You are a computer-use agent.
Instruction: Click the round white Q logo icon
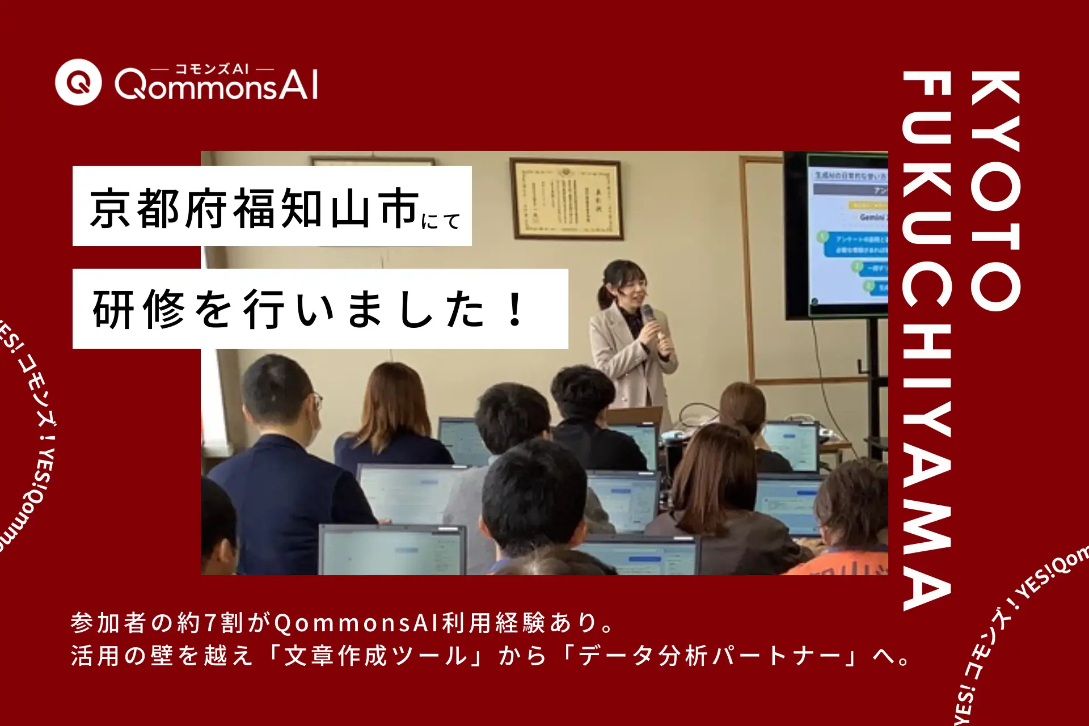[x=78, y=82]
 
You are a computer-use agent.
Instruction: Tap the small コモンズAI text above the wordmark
[x=212, y=69]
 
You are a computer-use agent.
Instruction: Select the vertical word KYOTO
[x=995, y=190]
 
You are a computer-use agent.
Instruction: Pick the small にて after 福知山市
[x=441, y=221]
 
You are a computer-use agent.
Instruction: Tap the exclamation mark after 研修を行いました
[x=515, y=309]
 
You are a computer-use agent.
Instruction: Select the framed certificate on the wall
[x=566, y=199]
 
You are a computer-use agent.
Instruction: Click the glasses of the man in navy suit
[x=316, y=402]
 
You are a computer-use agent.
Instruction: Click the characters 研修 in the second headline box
[x=139, y=309]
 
